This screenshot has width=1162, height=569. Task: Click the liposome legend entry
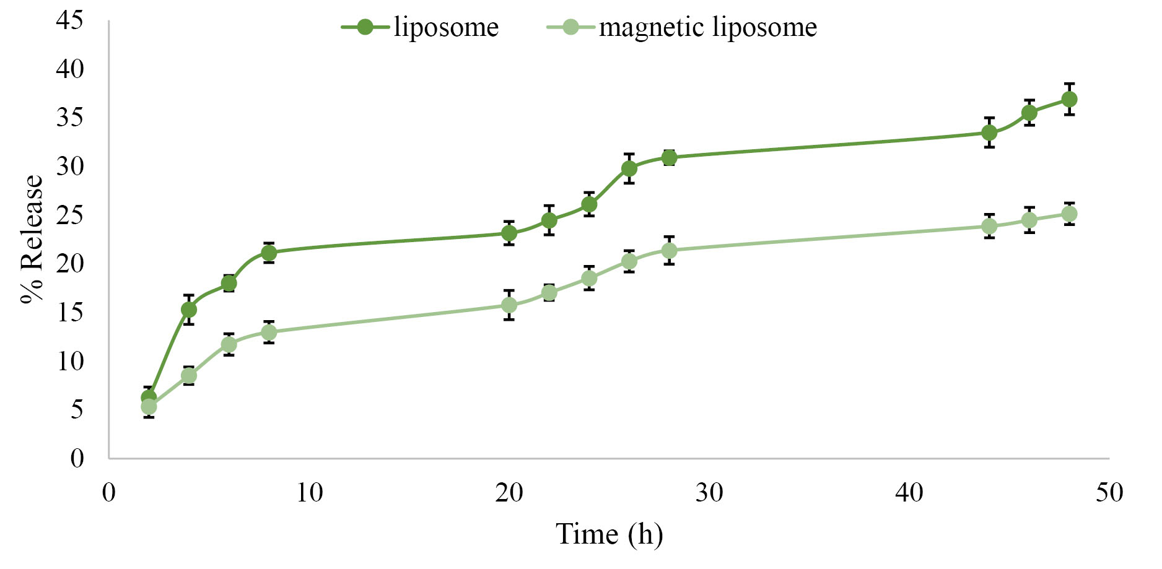click(421, 27)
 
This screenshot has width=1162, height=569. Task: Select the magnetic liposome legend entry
click(682, 27)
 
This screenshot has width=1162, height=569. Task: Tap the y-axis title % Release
click(32, 239)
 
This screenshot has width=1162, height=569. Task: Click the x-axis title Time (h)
click(609, 534)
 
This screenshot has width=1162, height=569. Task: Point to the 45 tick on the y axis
click(69, 20)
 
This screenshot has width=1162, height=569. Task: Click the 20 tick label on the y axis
click(69, 264)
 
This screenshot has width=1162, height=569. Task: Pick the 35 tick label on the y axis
click(69, 118)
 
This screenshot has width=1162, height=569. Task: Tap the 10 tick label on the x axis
click(309, 493)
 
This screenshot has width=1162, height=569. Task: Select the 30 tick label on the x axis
click(709, 493)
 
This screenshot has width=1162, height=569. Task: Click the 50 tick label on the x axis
click(1109, 493)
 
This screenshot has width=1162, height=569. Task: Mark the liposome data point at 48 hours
click(1069, 99)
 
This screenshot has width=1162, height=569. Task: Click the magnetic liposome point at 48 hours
click(1069, 214)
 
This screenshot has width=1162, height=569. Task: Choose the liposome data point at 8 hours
click(269, 253)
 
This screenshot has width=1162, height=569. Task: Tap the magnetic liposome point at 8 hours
click(269, 332)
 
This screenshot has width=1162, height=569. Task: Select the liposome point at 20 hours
click(509, 233)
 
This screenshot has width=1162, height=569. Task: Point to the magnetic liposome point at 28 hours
click(669, 251)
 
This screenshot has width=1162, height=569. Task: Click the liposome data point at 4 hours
click(189, 310)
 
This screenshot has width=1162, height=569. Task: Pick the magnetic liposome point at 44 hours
click(989, 226)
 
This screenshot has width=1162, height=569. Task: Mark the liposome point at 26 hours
click(629, 168)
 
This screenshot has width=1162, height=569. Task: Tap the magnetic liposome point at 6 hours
click(229, 344)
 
